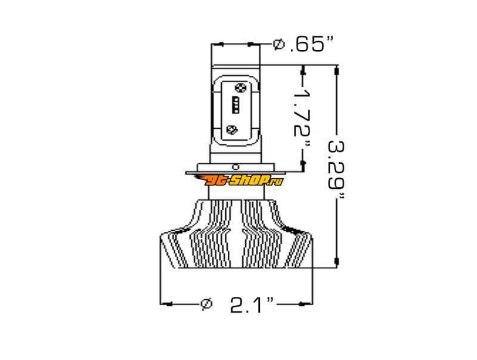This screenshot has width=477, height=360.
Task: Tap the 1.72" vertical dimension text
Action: point(303,117)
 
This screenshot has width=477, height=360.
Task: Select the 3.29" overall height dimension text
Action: point(337,169)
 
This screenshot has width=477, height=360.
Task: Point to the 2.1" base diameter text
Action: point(252,305)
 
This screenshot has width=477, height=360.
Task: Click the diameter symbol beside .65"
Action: point(278,44)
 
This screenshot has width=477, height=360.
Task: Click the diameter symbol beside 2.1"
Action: point(206,305)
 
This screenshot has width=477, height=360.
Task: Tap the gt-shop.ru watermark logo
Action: point(239,181)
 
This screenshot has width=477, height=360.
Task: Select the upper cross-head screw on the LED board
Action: point(241,88)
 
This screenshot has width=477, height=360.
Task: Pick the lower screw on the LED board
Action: point(232,130)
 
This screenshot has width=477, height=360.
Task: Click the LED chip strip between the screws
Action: point(236,105)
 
